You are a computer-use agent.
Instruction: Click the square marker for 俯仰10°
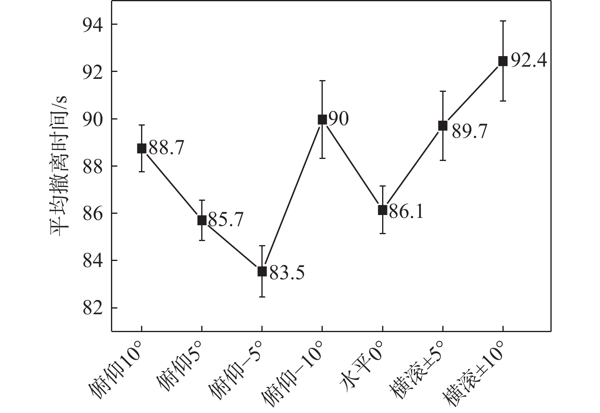[x=141, y=148]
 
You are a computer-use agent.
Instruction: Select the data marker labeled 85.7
[x=202, y=220]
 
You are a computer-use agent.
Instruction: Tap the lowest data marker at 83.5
[x=262, y=271]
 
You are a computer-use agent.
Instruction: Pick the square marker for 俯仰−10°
[x=322, y=120]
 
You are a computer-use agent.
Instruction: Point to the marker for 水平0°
[x=383, y=210]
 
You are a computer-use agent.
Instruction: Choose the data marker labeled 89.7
[x=443, y=126]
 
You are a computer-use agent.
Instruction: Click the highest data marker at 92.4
[x=503, y=61]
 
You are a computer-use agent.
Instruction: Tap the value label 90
[x=338, y=120]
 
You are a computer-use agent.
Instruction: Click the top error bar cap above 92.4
[x=503, y=21]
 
